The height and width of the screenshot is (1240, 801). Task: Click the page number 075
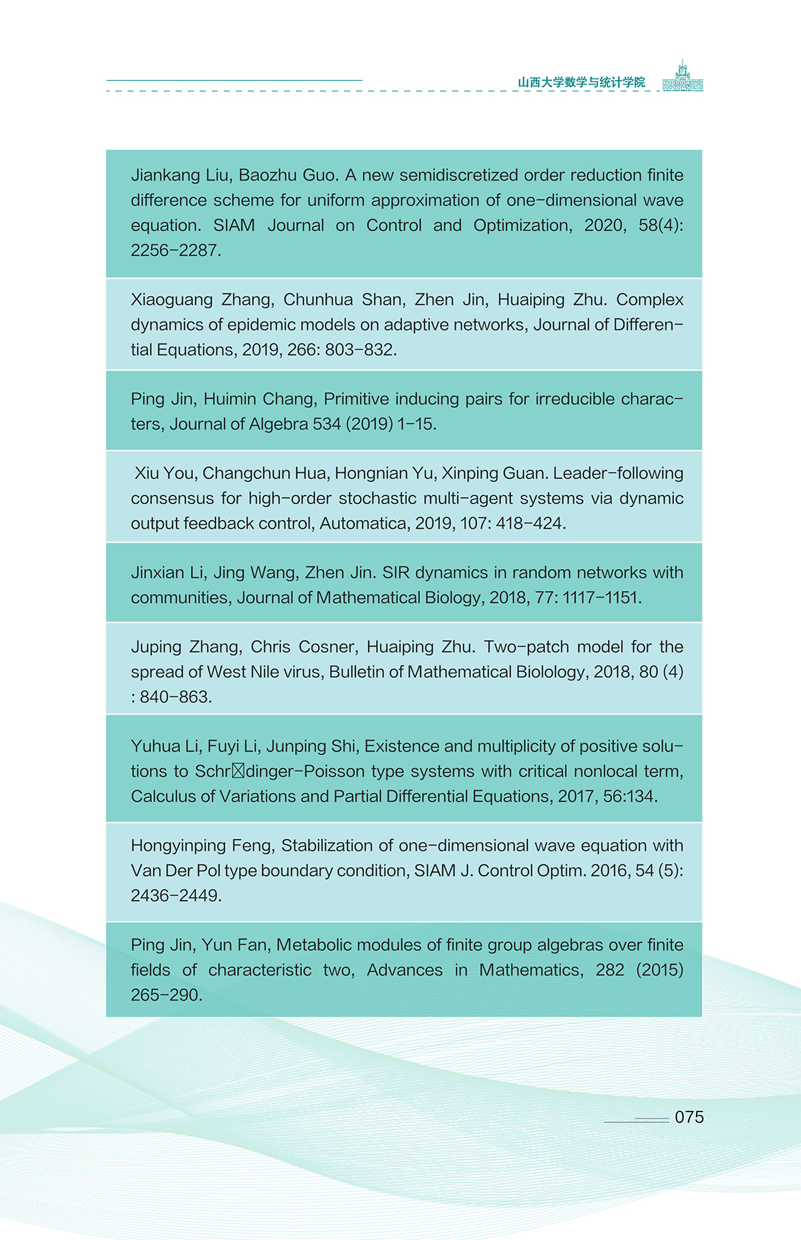[689, 1117]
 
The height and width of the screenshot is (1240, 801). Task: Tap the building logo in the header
[683, 77]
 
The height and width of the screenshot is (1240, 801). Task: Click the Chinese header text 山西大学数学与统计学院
[581, 82]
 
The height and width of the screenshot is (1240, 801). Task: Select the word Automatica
[363, 524]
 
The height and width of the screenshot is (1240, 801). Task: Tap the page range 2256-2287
[175, 250]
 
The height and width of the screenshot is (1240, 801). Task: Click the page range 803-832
[360, 350]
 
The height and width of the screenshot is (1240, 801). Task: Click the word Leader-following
[618, 473]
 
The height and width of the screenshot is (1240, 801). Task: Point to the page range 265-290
[165, 995]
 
